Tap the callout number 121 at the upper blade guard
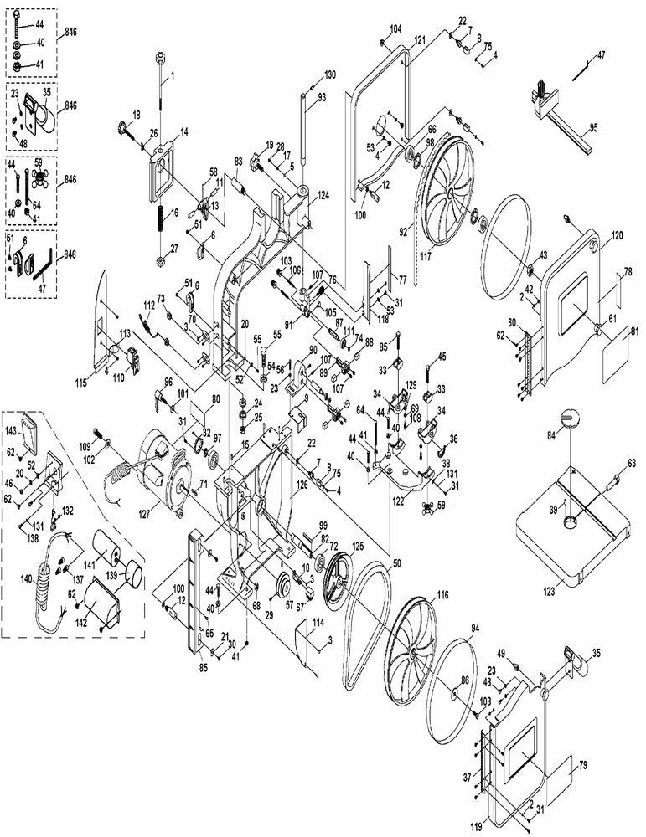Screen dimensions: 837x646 coord(420,40)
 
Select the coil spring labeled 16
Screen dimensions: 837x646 coord(161,220)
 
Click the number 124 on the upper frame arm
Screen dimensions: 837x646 coord(322,196)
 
